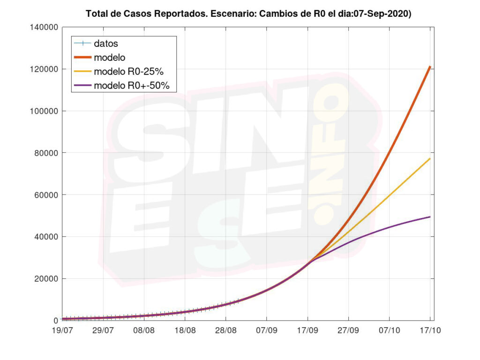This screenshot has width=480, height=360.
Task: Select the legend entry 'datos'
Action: pyautogui.click(x=106, y=44)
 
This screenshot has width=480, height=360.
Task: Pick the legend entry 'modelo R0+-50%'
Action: pyautogui.click(x=135, y=86)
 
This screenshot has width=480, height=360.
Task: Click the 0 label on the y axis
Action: pyautogui.click(x=56, y=321)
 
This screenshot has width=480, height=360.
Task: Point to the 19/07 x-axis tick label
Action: pyautogui.click(x=63, y=330)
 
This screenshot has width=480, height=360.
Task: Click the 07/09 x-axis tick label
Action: pyautogui.click(x=267, y=330)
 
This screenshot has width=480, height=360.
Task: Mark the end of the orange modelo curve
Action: pyautogui.click(x=430, y=67)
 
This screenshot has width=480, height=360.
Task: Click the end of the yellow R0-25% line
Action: pyautogui.click(x=430, y=159)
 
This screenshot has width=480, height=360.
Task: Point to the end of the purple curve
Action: pyautogui.click(x=430, y=217)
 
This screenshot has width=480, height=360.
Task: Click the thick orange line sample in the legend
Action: pyautogui.click(x=82, y=58)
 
